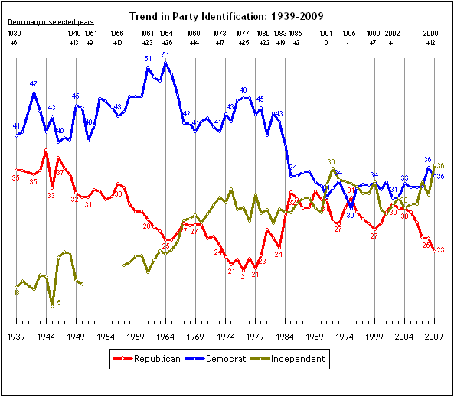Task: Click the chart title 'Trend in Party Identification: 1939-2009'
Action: (x=226, y=15)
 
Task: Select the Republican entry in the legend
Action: (x=146, y=358)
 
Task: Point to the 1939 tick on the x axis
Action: (x=16, y=336)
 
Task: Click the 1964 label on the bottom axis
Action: (x=165, y=336)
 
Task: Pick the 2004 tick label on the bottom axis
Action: (x=405, y=336)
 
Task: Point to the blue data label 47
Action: (x=34, y=83)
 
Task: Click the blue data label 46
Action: (x=243, y=90)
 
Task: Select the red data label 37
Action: (x=59, y=173)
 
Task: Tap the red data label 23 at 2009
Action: (x=440, y=250)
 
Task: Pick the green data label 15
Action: (x=57, y=303)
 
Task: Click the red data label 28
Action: (x=146, y=226)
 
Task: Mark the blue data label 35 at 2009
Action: (x=441, y=177)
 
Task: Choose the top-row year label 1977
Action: (x=243, y=34)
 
